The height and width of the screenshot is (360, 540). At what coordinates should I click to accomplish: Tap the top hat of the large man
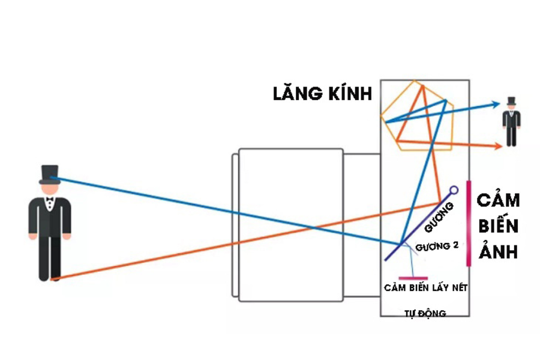click(x=50, y=175)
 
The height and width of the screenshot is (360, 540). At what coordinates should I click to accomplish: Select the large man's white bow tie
click(x=50, y=199)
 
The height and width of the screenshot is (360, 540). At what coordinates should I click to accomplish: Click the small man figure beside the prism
click(x=511, y=122)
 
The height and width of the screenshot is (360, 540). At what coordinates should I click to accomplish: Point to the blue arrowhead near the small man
click(x=496, y=104)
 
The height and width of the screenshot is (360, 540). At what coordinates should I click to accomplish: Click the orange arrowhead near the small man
click(x=499, y=146)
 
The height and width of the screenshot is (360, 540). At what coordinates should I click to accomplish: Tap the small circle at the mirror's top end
click(x=454, y=190)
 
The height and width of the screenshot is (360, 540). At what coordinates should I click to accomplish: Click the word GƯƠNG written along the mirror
click(x=439, y=217)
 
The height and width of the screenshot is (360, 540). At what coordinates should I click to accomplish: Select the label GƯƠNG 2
click(x=437, y=246)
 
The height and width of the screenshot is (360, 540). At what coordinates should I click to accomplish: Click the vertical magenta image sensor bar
click(x=469, y=223)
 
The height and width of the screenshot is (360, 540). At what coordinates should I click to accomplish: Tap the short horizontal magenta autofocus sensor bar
click(x=413, y=278)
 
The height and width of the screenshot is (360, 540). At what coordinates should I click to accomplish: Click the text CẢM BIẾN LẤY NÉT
click(x=425, y=287)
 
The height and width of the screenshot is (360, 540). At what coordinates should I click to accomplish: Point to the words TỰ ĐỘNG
click(x=425, y=313)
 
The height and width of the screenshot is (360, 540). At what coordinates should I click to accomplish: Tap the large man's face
click(x=50, y=190)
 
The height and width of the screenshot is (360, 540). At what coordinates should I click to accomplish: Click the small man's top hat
click(x=511, y=101)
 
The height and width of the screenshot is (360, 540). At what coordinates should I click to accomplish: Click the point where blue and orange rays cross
click(x=313, y=227)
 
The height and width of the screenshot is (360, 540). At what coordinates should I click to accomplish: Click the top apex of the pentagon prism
click(x=415, y=82)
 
